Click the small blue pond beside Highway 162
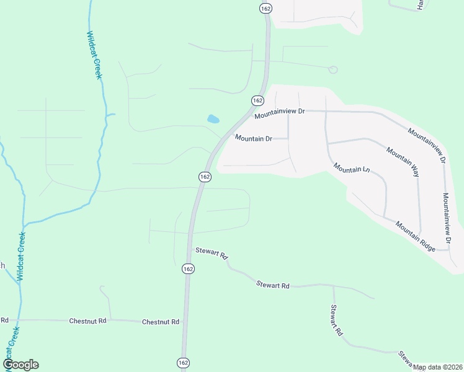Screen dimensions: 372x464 [x=213, y=118]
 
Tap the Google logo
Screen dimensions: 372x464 [x=20, y=365]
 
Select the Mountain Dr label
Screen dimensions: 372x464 [x=252, y=138]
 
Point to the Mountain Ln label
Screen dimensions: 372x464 [x=351, y=167]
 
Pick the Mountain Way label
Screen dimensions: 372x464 [x=403, y=162]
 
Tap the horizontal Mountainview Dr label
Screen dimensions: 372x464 [x=280, y=112]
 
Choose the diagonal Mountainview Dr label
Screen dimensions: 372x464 [x=427, y=146]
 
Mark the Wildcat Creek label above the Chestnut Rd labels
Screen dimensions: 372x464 [x=21, y=257]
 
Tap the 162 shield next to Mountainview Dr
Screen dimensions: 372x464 [x=257, y=100]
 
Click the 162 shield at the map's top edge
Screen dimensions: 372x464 [x=266, y=7]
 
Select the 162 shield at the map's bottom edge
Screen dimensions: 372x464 [x=184, y=363]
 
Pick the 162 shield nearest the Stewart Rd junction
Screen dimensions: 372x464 [x=189, y=268]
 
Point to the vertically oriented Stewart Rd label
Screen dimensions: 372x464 [x=336, y=320]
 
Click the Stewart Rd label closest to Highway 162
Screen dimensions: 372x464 [x=212, y=253]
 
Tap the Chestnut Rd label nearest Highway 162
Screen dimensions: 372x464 [x=160, y=322]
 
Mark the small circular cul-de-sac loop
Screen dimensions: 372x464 [x=333, y=69]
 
